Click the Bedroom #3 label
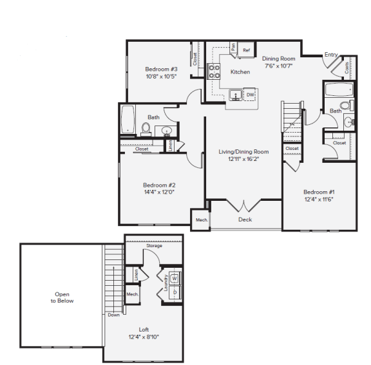161,69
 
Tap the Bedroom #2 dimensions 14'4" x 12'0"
158,191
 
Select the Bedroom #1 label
319,192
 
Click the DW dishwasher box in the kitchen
251,95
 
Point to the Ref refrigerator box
247,50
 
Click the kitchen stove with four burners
214,71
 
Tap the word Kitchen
240,71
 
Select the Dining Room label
278,59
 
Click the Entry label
331,55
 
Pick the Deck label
245,220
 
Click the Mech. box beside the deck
201,220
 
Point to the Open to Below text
63,297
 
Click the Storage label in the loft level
154,245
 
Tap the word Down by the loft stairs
114,315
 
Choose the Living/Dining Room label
243,152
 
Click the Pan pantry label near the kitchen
233,50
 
